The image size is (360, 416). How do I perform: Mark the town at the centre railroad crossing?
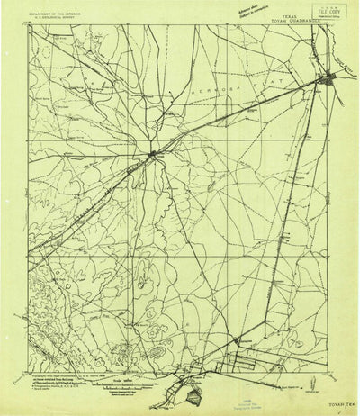pos(154,155)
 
